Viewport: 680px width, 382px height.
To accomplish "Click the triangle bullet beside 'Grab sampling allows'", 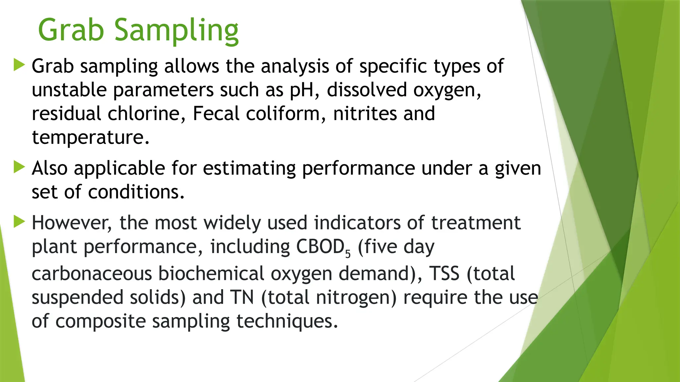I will pos(19,65).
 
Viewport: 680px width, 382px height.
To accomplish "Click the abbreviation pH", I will pos(301,90).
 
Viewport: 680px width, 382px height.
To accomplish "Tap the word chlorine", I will pos(146,113).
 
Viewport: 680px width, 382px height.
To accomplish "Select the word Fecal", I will pos(216,113).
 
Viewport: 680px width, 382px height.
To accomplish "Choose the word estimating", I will pos(249,168).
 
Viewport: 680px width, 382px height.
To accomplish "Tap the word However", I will pos(72,223).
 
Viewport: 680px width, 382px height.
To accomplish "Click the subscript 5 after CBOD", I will pos(348,254).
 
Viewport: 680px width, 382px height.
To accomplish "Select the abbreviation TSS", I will pos(444,274).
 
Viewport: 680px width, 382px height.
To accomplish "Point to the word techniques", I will pos(284,321).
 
